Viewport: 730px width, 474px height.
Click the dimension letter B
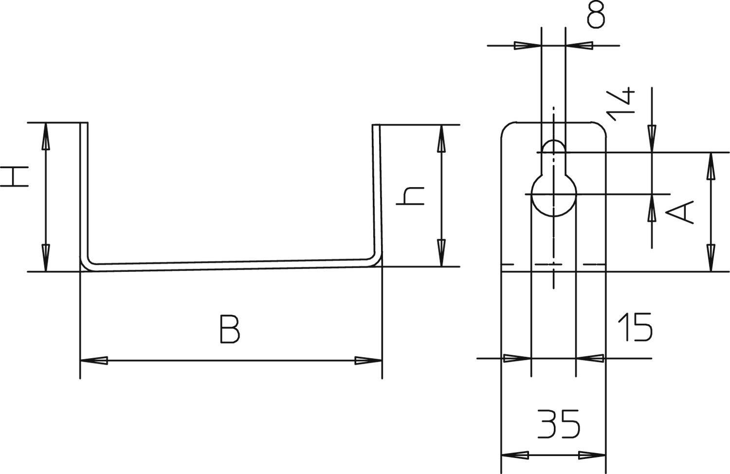coord(229,330)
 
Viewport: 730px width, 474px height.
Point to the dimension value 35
coord(559,424)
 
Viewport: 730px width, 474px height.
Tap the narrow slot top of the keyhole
coord(553,150)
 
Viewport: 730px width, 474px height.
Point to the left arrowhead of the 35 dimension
coord(515,456)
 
